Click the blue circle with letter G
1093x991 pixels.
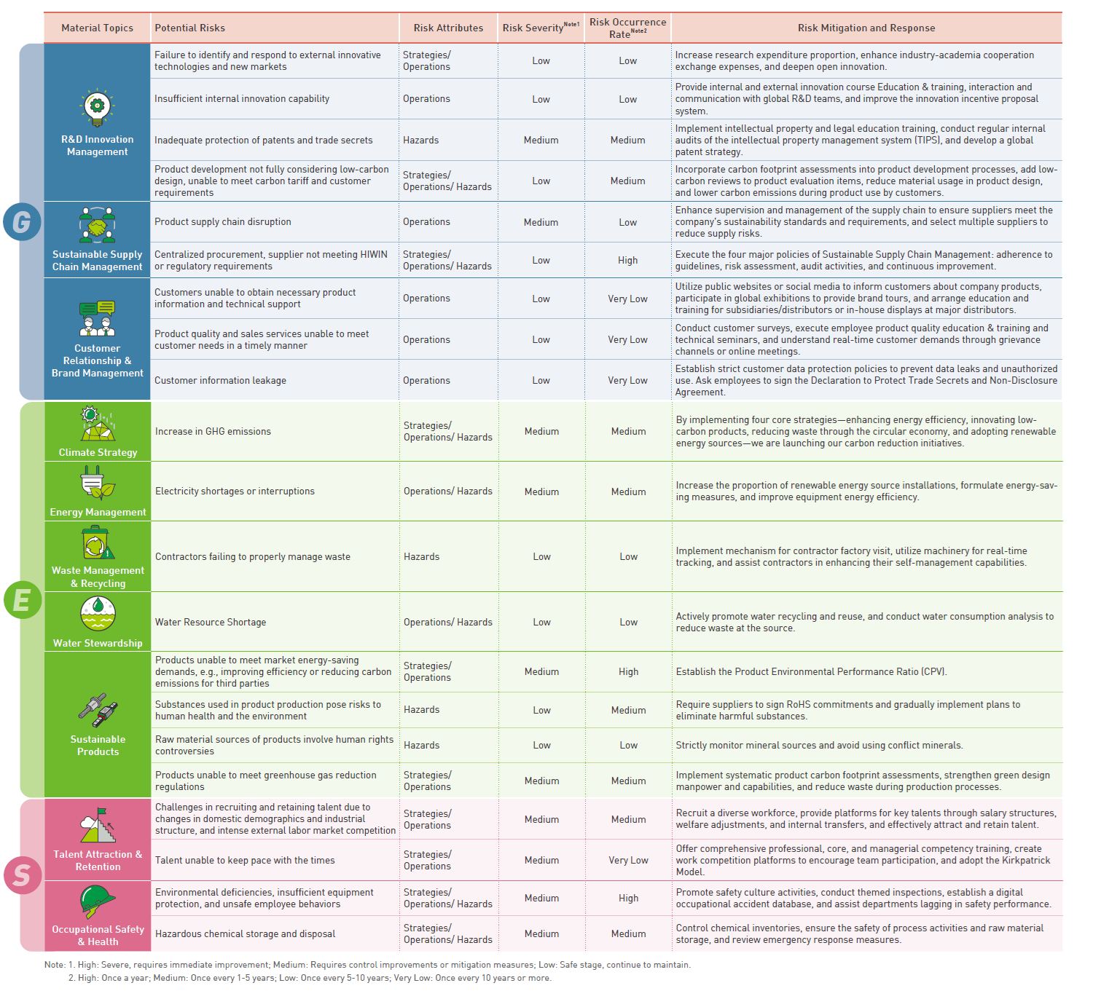[x=22, y=221]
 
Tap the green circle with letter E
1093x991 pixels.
[x=23, y=600]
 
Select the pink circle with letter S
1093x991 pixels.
[x=23, y=874]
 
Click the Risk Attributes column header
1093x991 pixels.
[x=448, y=28]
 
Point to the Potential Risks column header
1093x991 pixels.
[x=190, y=28]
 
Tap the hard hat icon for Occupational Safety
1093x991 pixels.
[x=98, y=901]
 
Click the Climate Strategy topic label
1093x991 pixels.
[x=98, y=452]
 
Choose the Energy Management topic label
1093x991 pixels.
[x=98, y=512]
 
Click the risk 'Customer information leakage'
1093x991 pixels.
[x=220, y=380]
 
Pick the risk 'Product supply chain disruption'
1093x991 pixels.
[x=223, y=222]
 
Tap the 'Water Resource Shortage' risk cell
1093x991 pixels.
[x=211, y=623]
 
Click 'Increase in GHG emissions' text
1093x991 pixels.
[x=213, y=432]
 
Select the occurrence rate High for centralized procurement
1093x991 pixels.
[x=627, y=261]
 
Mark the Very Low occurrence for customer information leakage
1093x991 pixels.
[x=627, y=380]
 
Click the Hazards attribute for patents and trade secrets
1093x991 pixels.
[x=421, y=141]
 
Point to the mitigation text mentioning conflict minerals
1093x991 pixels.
[x=819, y=746]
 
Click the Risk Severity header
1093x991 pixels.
[x=540, y=28]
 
